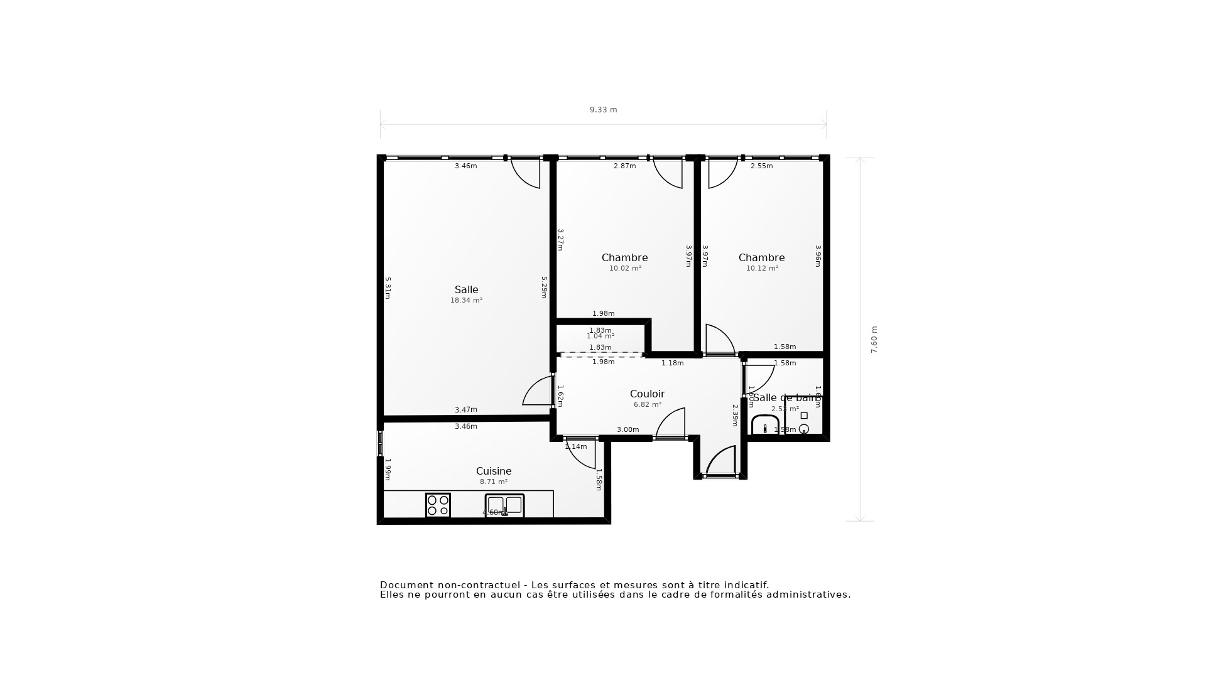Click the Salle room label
tap(466, 289)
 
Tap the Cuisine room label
tap(494, 471)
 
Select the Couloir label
tap(647, 394)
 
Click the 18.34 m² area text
tap(466, 301)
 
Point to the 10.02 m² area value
tap(625, 269)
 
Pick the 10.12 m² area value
tap(762, 269)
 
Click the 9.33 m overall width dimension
tap(603, 110)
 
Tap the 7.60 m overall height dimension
tap(874, 340)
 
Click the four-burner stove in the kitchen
tap(438, 505)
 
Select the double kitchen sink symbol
tap(504, 505)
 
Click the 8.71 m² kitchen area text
tap(494, 482)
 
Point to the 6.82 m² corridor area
tap(647, 405)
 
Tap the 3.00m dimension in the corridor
tap(627, 430)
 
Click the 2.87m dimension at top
tap(624, 166)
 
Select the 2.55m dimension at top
tap(761, 166)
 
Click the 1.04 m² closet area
tap(600, 336)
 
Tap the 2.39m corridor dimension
tap(735, 415)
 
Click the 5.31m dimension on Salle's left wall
tap(388, 288)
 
